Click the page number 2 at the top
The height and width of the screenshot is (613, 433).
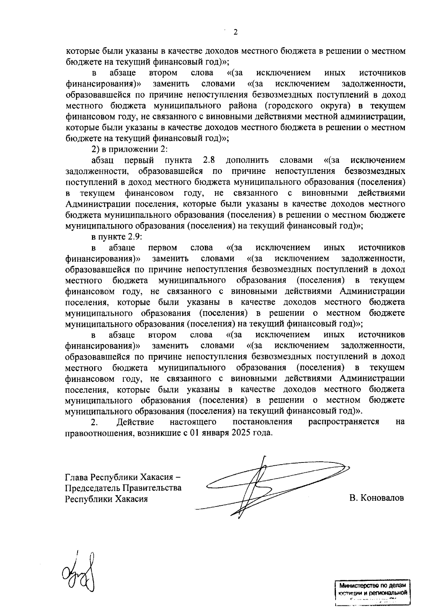coord(236,32)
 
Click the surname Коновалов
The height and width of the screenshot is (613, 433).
coord(382,498)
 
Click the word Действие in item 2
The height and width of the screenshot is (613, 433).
coord(135,422)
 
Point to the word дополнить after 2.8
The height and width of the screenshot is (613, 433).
coord(248,160)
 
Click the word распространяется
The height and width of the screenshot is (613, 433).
coord(344,422)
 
